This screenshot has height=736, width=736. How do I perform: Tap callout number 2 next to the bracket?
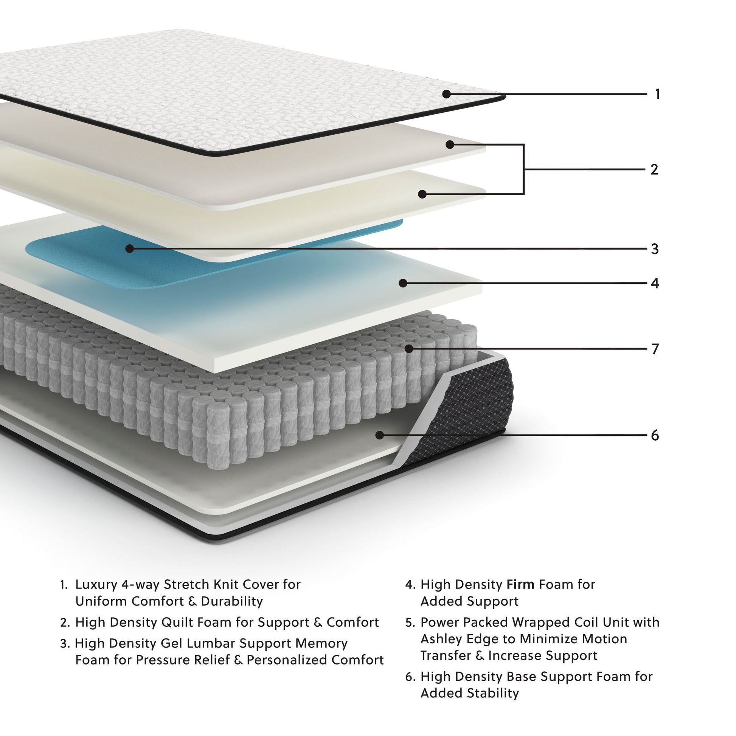[x=654, y=169]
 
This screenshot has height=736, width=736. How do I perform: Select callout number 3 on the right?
[x=654, y=249]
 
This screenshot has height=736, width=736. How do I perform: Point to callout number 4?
[x=654, y=283]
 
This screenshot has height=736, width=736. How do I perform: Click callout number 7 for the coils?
[x=654, y=349]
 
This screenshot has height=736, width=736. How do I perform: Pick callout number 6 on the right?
[x=654, y=435]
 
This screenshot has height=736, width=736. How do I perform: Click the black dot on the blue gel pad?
[x=129, y=249]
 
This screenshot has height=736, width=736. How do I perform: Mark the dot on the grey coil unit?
[x=409, y=348]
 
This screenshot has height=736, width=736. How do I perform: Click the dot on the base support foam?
[x=379, y=435]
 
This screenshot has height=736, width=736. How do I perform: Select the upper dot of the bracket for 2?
[x=450, y=144]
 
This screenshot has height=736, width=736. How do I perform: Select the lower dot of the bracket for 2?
[x=422, y=194]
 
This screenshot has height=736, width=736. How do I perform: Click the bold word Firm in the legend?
[x=520, y=584]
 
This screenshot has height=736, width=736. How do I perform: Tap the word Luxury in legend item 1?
[x=97, y=584]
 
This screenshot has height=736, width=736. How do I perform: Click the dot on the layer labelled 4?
[x=403, y=283]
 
